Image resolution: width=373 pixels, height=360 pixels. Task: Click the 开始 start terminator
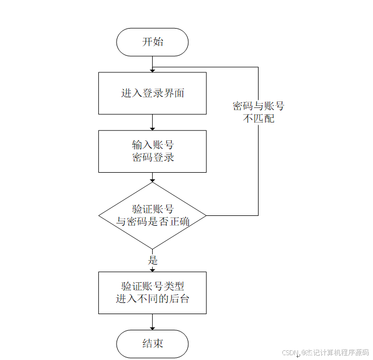(152, 42)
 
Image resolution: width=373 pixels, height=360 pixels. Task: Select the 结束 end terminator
(152, 344)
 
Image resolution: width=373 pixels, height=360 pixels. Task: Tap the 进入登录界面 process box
(152, 93)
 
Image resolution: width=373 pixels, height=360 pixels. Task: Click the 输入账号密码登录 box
(152, 151)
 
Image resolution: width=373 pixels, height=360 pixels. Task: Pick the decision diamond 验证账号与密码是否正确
(152, 215)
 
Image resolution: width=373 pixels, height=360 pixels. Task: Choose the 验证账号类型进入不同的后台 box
(152, 293)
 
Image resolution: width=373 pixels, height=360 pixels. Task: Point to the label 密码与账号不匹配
(259, 112)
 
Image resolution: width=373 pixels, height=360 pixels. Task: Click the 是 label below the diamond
(152, 260)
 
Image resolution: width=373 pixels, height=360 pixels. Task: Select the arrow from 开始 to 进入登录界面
(152, 64)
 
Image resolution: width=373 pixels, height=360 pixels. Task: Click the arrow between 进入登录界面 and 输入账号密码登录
(152, 122)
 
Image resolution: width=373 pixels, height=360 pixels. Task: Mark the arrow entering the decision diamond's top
(152, 178)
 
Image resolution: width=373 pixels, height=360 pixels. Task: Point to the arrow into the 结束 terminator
(152, 322)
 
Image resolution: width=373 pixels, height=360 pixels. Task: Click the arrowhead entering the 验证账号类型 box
(152, 269)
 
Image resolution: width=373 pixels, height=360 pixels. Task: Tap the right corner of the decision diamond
(205, 215)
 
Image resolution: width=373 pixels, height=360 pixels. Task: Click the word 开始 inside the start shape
(152, 42)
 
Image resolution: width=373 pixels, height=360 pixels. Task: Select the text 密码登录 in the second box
(153, 158)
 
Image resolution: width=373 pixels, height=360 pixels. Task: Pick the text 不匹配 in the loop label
(259, 118)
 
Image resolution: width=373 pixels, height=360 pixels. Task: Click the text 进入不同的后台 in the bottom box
(152, 299)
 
